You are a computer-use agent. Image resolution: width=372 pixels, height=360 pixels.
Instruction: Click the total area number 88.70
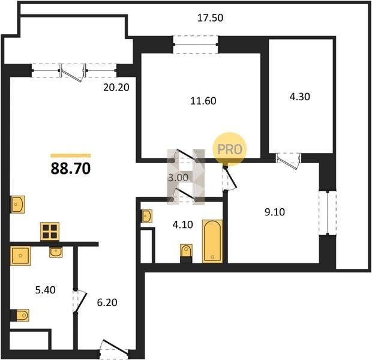[71, 169]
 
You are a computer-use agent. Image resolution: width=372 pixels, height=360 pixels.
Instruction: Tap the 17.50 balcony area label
[210, 18]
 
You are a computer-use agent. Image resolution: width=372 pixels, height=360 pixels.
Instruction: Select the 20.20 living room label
[116, 88]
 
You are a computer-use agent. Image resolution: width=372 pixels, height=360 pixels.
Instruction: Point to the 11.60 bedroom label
[203, 101]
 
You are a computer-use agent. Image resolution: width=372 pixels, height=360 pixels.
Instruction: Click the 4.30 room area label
[300, 97]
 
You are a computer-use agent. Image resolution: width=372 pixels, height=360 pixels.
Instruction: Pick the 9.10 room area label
[275, 212]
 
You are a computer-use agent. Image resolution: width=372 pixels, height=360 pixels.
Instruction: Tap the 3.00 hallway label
[178, 178]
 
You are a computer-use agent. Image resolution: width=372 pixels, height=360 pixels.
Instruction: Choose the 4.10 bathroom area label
[182, 224]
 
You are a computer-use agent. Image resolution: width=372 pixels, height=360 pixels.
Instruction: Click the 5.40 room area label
[46, 290]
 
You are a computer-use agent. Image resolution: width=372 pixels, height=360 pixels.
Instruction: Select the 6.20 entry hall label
[107, 303]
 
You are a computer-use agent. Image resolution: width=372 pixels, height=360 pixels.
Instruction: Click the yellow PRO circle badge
[230, 149]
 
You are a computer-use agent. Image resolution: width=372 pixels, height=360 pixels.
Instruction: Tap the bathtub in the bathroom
[212, 241]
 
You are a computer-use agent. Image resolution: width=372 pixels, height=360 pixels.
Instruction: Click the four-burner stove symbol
[50, 232]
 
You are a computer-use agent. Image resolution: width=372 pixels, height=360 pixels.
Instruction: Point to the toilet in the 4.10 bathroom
[186, 251]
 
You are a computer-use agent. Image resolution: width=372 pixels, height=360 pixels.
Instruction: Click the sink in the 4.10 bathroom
[146, 216]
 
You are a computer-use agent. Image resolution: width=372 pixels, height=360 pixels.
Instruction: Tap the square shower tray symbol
[20, 256]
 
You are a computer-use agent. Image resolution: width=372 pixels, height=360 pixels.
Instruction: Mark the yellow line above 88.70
[71, 155]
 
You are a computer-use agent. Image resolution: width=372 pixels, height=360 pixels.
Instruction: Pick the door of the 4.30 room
[288, 161]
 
